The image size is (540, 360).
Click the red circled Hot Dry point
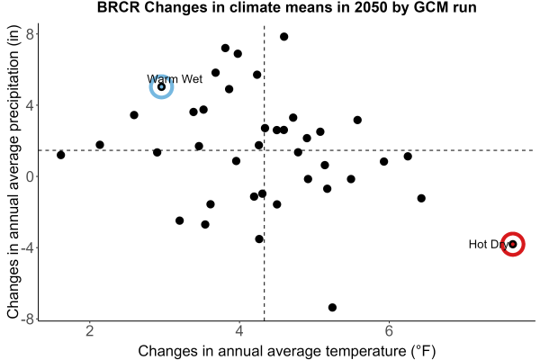pos(513,244)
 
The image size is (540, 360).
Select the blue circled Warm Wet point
pos(161,86)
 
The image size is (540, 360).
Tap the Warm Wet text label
pos(175,79)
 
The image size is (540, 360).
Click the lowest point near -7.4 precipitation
pos(332,307)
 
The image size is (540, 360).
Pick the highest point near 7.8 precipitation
pos(283,37)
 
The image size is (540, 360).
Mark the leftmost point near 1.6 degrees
pos(61,155)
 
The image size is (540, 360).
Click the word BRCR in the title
pos(119,7)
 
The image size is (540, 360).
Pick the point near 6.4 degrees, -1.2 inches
pos(421,198)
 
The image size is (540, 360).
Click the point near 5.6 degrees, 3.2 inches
pos(357,120)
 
